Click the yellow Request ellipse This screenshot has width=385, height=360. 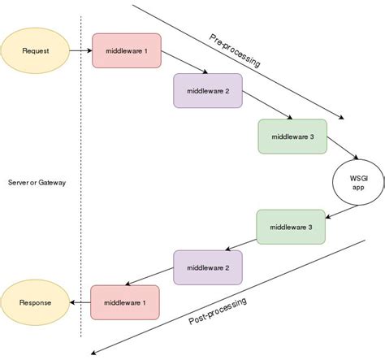click(x=36, y=50)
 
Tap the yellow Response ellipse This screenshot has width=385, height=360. click(x=36, y=302)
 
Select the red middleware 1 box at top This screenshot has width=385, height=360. click(x=127, y=50)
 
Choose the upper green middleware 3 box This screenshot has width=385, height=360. click(x=292, y=136)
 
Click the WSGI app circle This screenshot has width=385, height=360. click(x=358, y=181)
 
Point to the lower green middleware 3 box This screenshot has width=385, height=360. click(x=292, y=227)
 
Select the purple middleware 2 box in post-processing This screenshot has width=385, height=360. click(x=208, y=267)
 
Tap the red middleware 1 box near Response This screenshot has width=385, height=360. click(x=125, y=302)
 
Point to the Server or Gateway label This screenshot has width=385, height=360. click(x=36, y=183)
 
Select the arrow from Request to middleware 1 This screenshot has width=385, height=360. click(x=80, y=50)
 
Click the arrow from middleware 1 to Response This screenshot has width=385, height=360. click(x=80, y=302)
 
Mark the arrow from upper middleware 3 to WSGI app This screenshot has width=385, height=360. click(x=343, y=154)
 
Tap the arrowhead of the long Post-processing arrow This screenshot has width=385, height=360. click(x=95, y=351)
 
